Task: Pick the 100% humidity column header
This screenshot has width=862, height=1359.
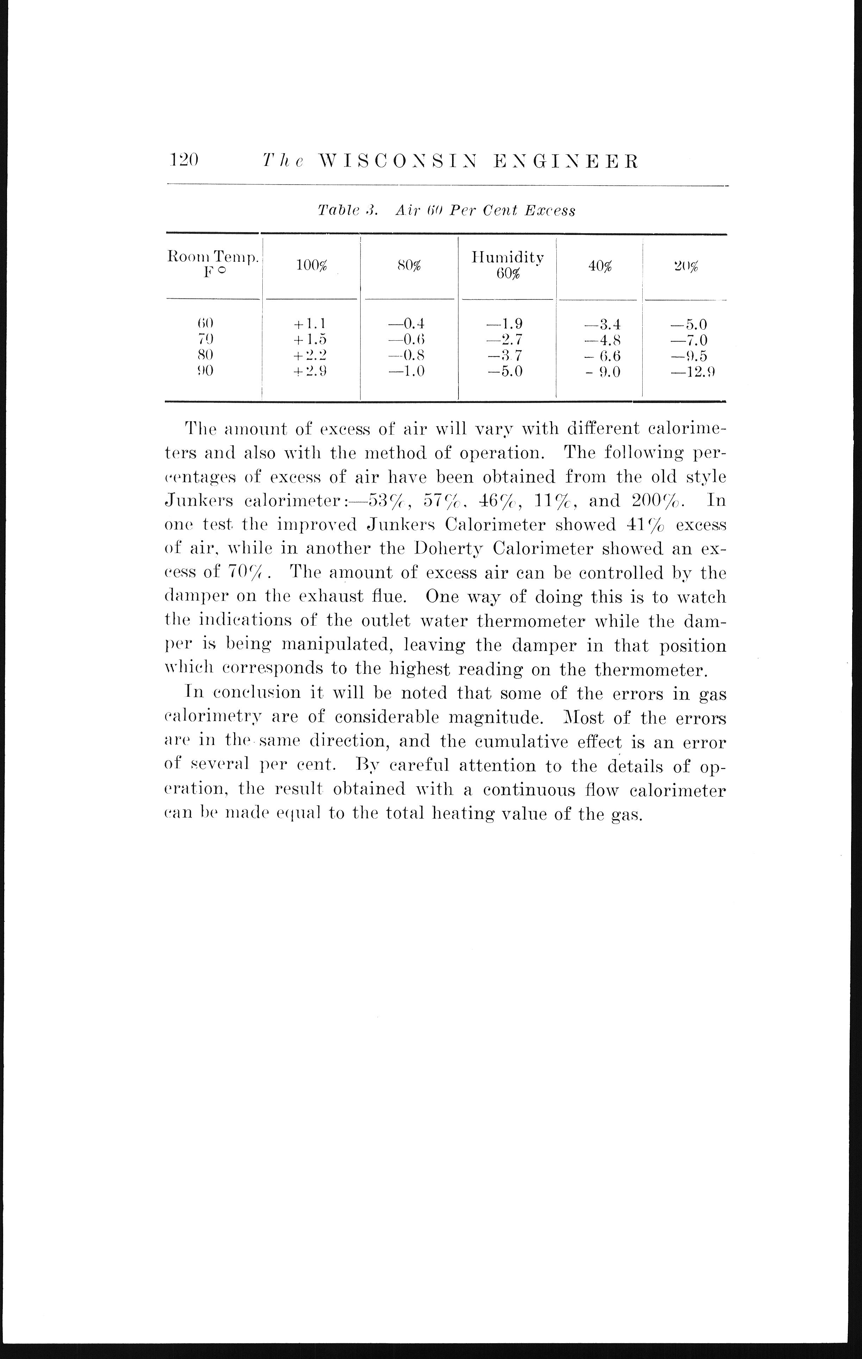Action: coord(311,266)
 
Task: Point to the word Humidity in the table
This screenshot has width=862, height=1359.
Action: coord(508,258)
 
